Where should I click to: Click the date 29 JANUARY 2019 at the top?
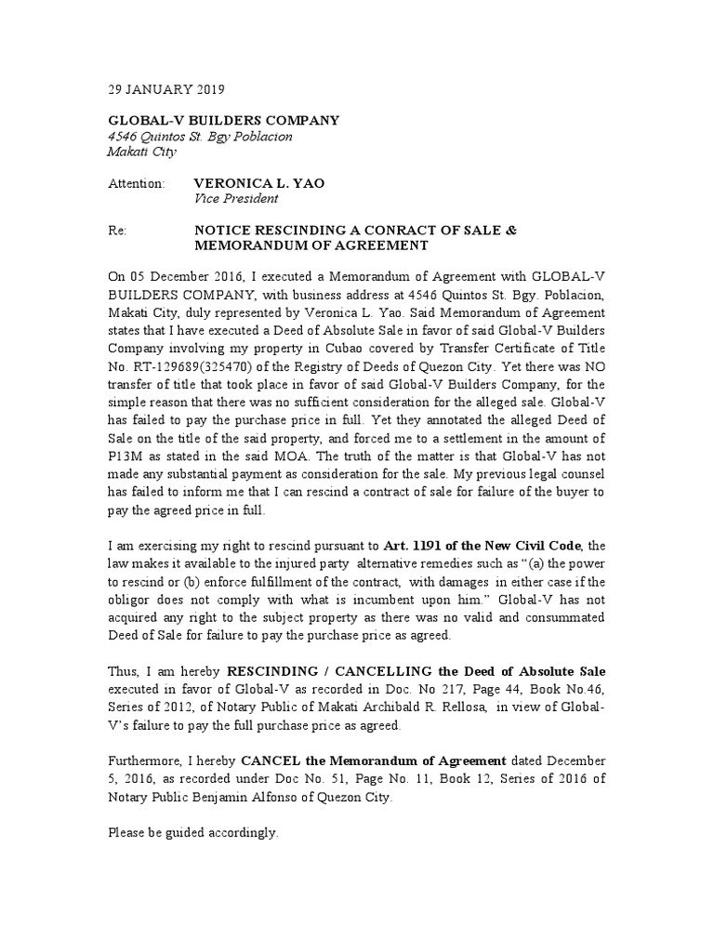tap(165, 90)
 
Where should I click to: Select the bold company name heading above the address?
tap(223, 121)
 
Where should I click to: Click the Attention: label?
tap(136, 183)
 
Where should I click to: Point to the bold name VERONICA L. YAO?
tap(258, 183)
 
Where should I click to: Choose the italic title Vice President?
tap(236, 198)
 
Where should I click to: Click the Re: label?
tap(116, 231)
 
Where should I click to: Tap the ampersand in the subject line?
tap(510, 231)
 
